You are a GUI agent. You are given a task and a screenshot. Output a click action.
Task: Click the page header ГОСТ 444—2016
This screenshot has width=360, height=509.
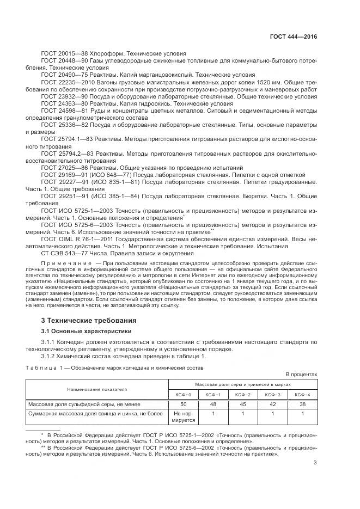click(293, 37)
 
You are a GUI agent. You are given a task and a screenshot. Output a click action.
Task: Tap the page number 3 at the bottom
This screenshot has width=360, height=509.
click(315, 463)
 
